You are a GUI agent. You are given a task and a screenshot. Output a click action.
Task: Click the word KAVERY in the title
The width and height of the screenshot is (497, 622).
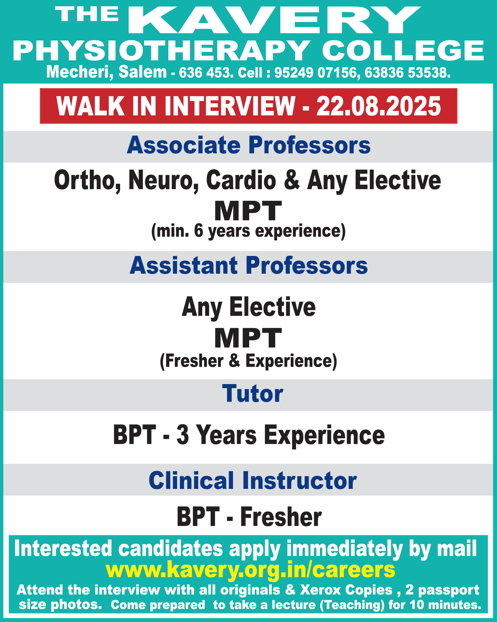click(274, 20)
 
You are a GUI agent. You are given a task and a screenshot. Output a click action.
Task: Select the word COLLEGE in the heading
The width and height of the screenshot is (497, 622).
click(403, 51)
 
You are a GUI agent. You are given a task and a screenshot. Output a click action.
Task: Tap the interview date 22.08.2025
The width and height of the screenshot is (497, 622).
click(379, 106)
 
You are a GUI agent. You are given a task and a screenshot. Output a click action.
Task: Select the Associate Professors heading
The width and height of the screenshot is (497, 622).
click(248, 145)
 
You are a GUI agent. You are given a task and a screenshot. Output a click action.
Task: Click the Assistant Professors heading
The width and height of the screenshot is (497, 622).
click(248, 266)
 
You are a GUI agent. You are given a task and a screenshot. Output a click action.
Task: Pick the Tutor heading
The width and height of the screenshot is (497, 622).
click(253, 394)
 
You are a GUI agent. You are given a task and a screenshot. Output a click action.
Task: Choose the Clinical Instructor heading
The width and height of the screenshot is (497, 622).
click(253, 480)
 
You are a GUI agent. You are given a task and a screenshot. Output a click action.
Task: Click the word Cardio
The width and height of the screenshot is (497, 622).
click(241, 180)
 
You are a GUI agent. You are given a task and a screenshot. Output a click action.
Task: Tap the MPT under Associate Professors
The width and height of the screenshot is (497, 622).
click(248, 211)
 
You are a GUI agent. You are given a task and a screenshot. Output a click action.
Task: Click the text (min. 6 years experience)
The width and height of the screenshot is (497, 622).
click(248, 231)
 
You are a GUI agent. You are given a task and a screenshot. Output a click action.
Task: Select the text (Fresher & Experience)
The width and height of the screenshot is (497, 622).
click(248, 361)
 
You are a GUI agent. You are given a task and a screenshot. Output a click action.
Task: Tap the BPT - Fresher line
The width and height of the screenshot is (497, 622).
click(249, 517)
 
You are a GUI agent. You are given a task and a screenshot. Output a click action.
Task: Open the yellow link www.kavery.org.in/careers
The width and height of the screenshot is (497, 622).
click(250, 569)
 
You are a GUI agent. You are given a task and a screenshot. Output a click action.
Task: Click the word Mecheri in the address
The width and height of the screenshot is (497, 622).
click(80, 72)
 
